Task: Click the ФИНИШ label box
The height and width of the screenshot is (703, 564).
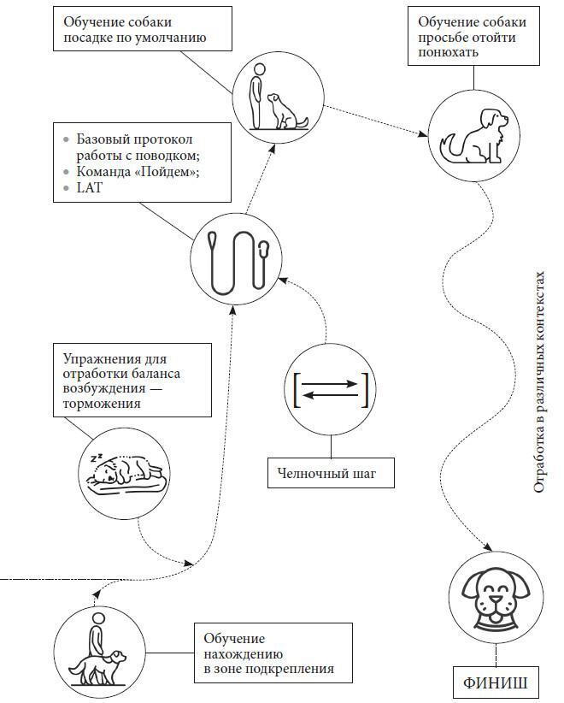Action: [495, 683]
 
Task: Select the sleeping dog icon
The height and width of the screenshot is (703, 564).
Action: [125, 472]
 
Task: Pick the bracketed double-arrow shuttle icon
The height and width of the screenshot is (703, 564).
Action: [330, 390]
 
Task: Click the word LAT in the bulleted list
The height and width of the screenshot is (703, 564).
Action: [90, 187]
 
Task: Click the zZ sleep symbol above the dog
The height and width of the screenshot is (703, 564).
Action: [97, 458]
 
